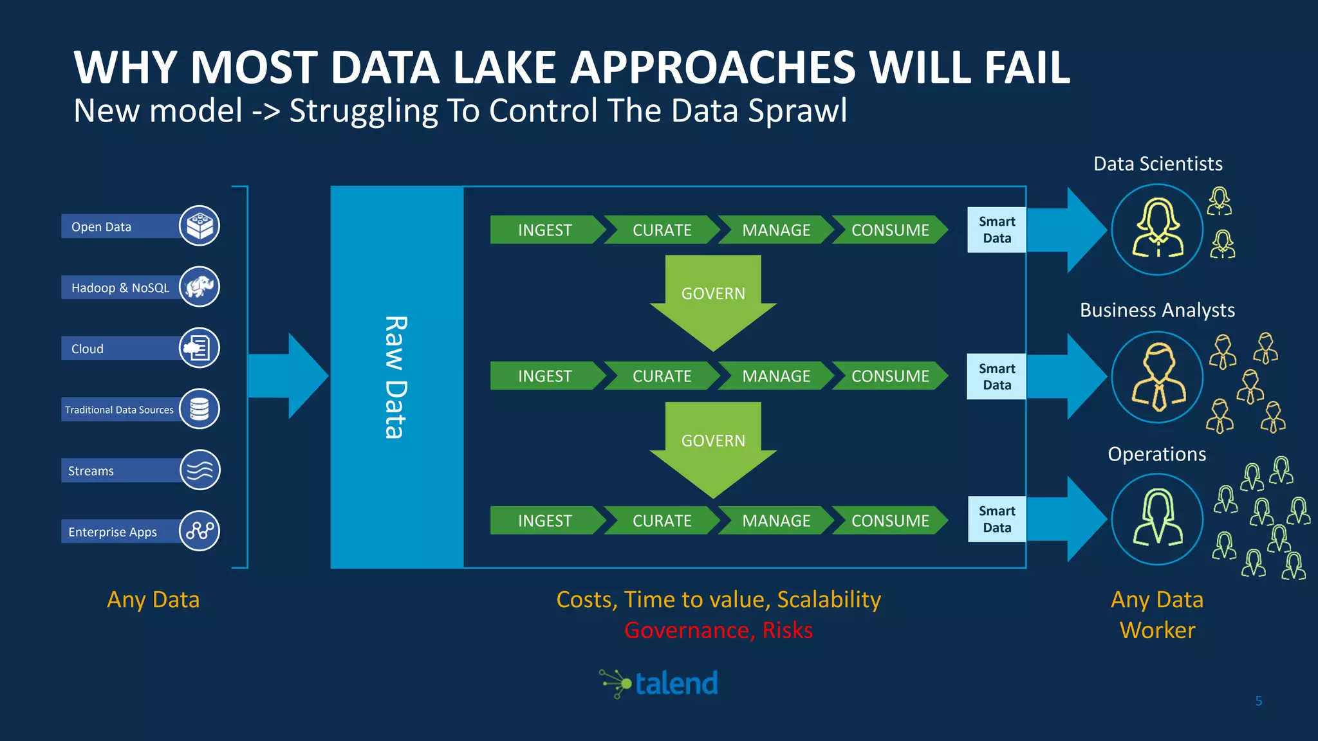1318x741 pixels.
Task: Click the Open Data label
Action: click(102, 226)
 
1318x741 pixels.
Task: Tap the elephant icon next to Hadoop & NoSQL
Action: click(200, 287)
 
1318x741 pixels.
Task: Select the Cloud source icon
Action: click(200, 348)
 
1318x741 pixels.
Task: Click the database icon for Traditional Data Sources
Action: click(200, 409)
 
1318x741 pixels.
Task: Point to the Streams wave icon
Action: click(200, 470)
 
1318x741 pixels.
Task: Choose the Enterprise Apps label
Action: click(113, 532)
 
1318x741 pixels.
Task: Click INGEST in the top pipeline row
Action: click(544, 230)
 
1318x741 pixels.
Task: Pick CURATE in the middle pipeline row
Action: click(662, 376)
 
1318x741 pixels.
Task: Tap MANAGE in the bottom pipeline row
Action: click(776, 521)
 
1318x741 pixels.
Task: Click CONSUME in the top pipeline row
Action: click(890, 230)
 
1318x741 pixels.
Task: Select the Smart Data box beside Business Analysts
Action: click(997, 377)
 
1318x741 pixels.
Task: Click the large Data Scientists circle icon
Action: click(1157, 230)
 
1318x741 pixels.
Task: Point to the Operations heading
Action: click(1156, 454)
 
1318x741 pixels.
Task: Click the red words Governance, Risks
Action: click(718, 630)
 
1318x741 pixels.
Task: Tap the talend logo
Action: click(660, 684)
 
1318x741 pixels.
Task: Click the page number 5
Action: click(1259, 701)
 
